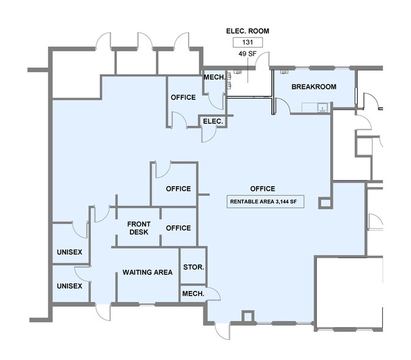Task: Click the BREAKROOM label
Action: pyautogui.click(x=314, y=87)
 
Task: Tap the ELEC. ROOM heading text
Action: pyautogui.click(x=247, y=31)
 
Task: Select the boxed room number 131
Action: pyautogui.click(x=247, y=43)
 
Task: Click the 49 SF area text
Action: pyautogui.click(x=247, y=54)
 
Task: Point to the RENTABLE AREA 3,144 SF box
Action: pyautogui.click(x=266, y=202)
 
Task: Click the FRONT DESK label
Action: pyautogui.click(x=138, y=228)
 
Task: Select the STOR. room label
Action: pyautogui.click(x=194, y=268)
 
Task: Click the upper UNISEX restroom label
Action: pyautogui.click(x=69, y=252)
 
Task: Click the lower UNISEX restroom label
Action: pyautogui.click(x=69, y=286)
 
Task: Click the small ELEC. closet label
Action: pyautogui.click(x=213, y=121)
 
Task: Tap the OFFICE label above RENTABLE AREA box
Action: pyautogui.click(x=262, y=189)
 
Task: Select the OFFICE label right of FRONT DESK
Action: pyautogui.click(x=178, y=228)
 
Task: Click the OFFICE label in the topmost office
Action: pyautogui.click(x=183, y=97)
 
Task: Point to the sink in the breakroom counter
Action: pyautogui.click(x=322, y=109)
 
